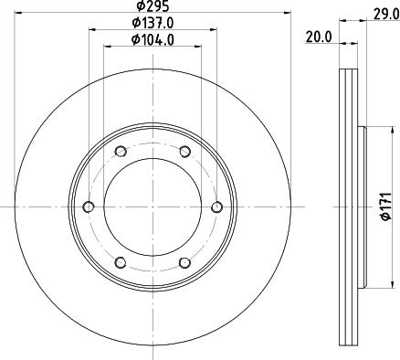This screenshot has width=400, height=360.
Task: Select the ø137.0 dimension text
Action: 153,23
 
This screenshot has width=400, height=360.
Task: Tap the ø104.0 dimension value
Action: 153,39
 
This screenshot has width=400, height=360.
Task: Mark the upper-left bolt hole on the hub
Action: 121,152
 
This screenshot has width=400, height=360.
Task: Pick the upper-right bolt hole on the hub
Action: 184,152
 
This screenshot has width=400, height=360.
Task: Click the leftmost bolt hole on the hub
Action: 89,206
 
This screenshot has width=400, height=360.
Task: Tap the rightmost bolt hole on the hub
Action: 216,206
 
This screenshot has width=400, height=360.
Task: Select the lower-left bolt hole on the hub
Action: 121,262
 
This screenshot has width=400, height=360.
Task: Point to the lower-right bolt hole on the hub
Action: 184,262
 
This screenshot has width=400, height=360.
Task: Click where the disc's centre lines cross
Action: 153,206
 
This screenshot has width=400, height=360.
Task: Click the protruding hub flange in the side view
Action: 363,206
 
